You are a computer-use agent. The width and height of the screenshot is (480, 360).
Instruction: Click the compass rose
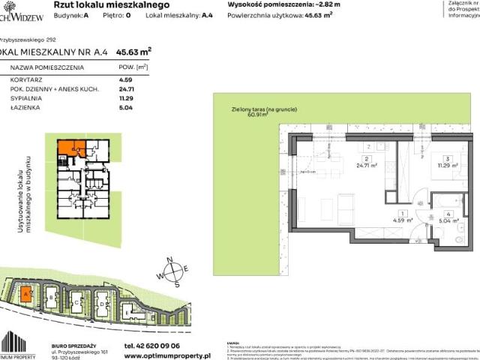pyautogui.click(x=170, y=271)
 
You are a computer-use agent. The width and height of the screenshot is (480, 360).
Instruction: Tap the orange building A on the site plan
pyautogui.click(x=26, y=295)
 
